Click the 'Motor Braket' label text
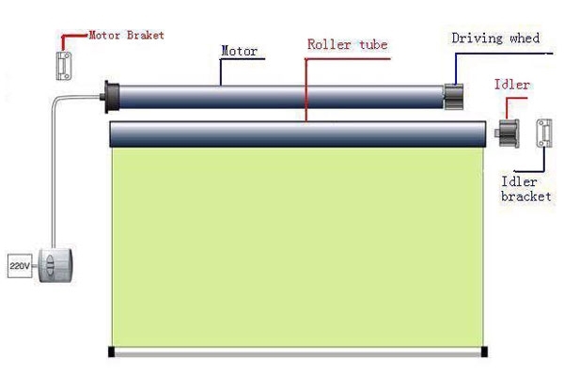coord(126,35)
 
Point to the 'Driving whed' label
coord(495,38)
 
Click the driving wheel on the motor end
coord(456,96)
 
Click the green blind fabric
coord(296,244)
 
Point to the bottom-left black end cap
coord(111,352)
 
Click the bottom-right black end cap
coord(483,352)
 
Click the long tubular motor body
coord(282,94)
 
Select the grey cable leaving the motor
coord(57,169)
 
